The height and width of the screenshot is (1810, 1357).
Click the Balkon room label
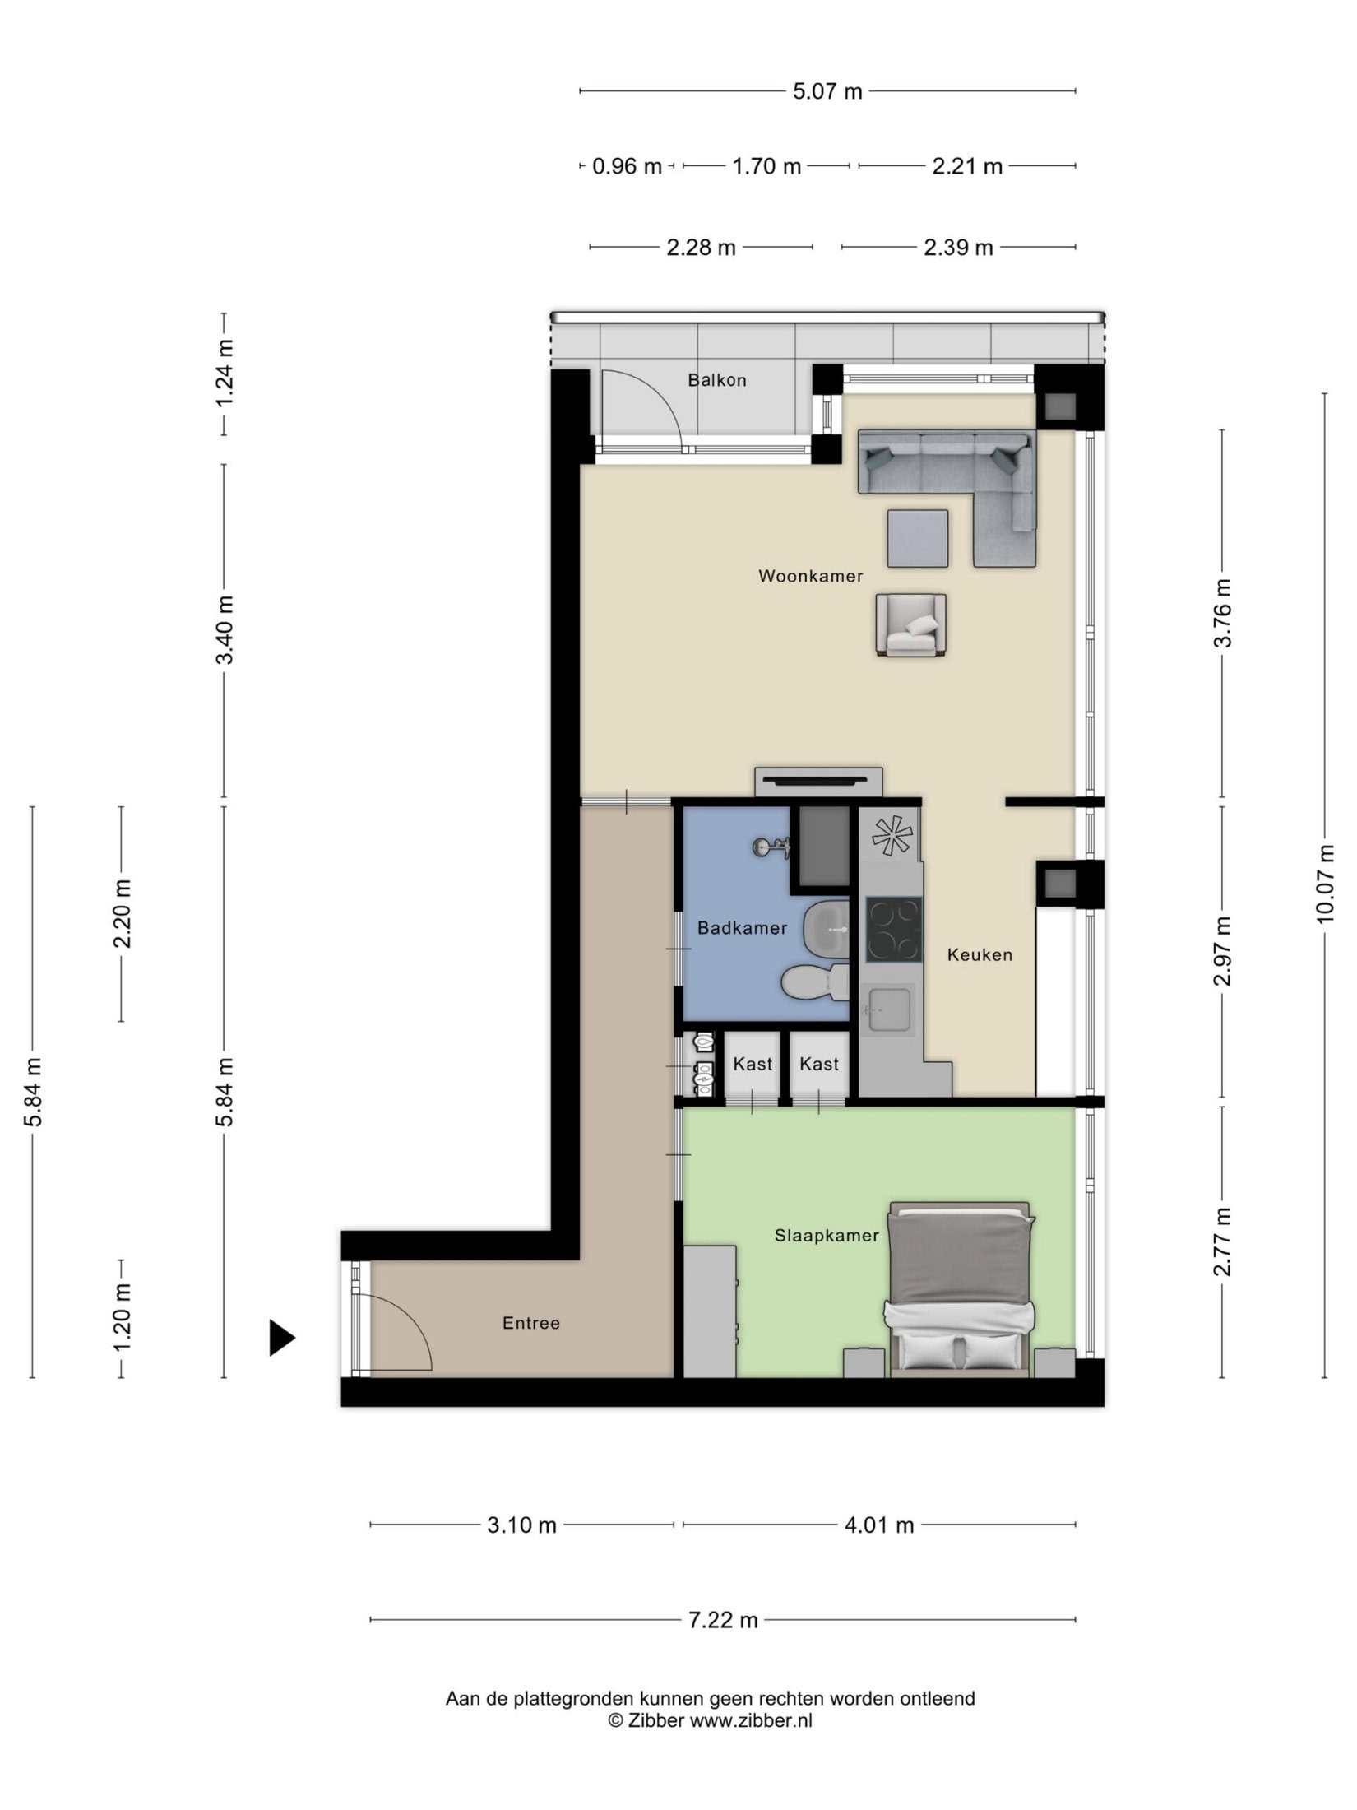[x=716, y=380]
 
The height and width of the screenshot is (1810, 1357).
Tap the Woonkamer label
[x=810, y=576]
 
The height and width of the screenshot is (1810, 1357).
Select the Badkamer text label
[x=742, y=928]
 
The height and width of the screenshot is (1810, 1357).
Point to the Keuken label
[x=979, y=954]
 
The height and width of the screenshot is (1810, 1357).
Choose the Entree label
[x=530, y=1323]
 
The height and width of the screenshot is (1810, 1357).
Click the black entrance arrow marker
[x=281, y=1337]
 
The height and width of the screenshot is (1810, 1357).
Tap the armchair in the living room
[x=910, y=625]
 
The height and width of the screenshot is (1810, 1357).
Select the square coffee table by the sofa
[x=917, y=538]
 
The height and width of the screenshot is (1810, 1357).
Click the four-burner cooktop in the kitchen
[x=893, y=930]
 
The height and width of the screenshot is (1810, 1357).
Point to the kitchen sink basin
[x=889, y=1009]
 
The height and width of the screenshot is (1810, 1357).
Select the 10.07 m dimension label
[x=1324, y=884]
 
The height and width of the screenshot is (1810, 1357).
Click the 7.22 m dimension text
[x=723, y=1620]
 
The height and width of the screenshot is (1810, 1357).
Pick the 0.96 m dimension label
[x=627, y=166]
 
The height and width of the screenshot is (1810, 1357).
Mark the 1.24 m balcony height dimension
[x=224, y=373]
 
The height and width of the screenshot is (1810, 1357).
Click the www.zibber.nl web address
[x=750, y=1719]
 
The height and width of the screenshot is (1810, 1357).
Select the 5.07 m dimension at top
[x=827, y=91]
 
